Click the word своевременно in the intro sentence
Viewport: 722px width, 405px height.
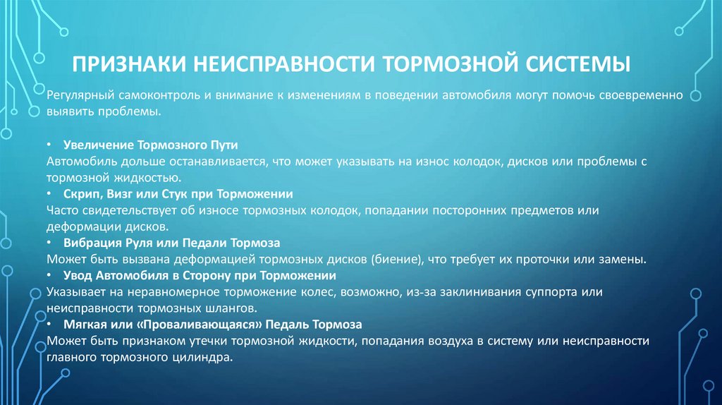tap(644, 95)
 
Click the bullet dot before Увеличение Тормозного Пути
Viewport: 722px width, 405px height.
tap(50, 145)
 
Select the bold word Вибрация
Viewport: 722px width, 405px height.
tap(91, 242)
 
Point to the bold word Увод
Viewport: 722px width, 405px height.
tap(78, 274)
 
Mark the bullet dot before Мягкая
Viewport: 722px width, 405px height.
tap(50, 325)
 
